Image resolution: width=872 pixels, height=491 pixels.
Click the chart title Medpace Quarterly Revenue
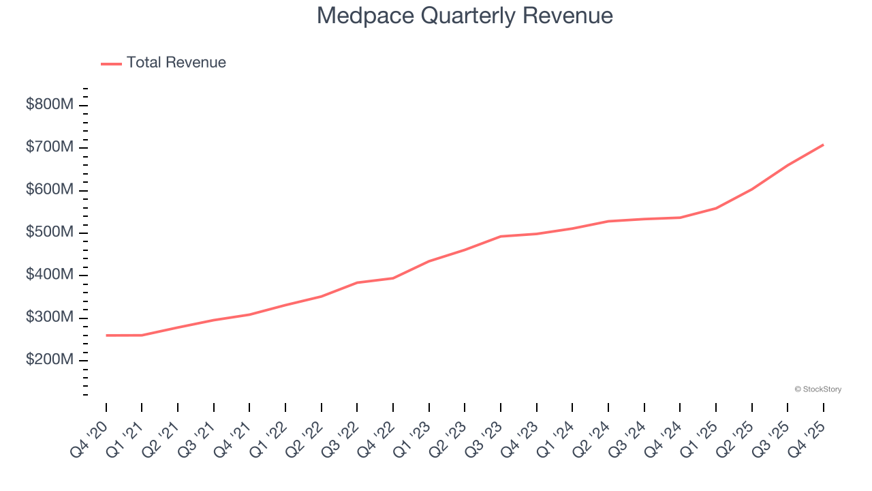coord(465,16)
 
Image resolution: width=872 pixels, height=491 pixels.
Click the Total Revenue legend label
coord(176,63)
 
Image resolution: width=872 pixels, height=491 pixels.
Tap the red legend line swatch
coord(111,63)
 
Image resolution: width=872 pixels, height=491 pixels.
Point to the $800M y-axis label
coord(49,105)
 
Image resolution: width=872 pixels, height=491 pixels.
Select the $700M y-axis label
coord(49,147)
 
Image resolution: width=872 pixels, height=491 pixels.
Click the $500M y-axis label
coord(49,233)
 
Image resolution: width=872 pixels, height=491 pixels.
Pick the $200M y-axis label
coord(49,360)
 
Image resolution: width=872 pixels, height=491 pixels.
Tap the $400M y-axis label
coord(49,275)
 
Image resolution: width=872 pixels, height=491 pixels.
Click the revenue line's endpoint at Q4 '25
coord(823,145)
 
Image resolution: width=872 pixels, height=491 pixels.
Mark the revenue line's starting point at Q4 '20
coord(106,336)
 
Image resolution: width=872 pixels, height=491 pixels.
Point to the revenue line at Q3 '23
coord(501,237)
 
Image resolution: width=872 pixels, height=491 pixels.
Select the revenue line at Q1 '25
coord(716,208)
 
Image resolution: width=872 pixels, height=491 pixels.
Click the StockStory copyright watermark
coord(817,389)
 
